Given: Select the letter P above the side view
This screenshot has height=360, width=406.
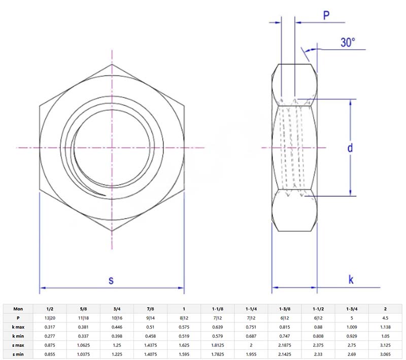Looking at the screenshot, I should pyautogui.click(x=327, y=16).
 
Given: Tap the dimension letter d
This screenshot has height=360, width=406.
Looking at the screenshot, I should pyautogui.click(x=350, y=148).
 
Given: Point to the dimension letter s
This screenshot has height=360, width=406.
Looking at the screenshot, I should pyautogui.click(x=112, y=279).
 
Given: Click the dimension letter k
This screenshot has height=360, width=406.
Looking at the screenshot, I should pyautogui.click(x=351, y=279).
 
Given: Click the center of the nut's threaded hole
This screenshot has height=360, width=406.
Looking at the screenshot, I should pyautogui.click(x=112, y=148).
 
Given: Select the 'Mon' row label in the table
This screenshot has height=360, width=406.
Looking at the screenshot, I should pyautogui.click(x=18, y=308).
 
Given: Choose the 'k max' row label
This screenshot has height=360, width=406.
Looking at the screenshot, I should pyautogui.click(x=18, y=327).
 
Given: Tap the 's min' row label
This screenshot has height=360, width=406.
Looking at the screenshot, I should pyautogui.click(x=18, y=354).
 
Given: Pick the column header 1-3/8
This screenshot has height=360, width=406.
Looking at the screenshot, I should pyautogui.click(x=285, y=308).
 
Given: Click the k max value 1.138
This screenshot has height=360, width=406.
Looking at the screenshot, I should pyautogui.click(x=385, y=327).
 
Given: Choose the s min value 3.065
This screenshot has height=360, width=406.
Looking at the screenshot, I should pyautogui.click(x=385, y=354).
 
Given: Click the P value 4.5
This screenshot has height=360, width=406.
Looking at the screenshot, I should pyautogui.click(x=385, y=317).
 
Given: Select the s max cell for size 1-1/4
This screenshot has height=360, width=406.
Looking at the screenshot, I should pyautogui.click(x=251, y=345).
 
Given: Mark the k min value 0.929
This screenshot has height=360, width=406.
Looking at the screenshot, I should pyautogui.click(x=352, y=336).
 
